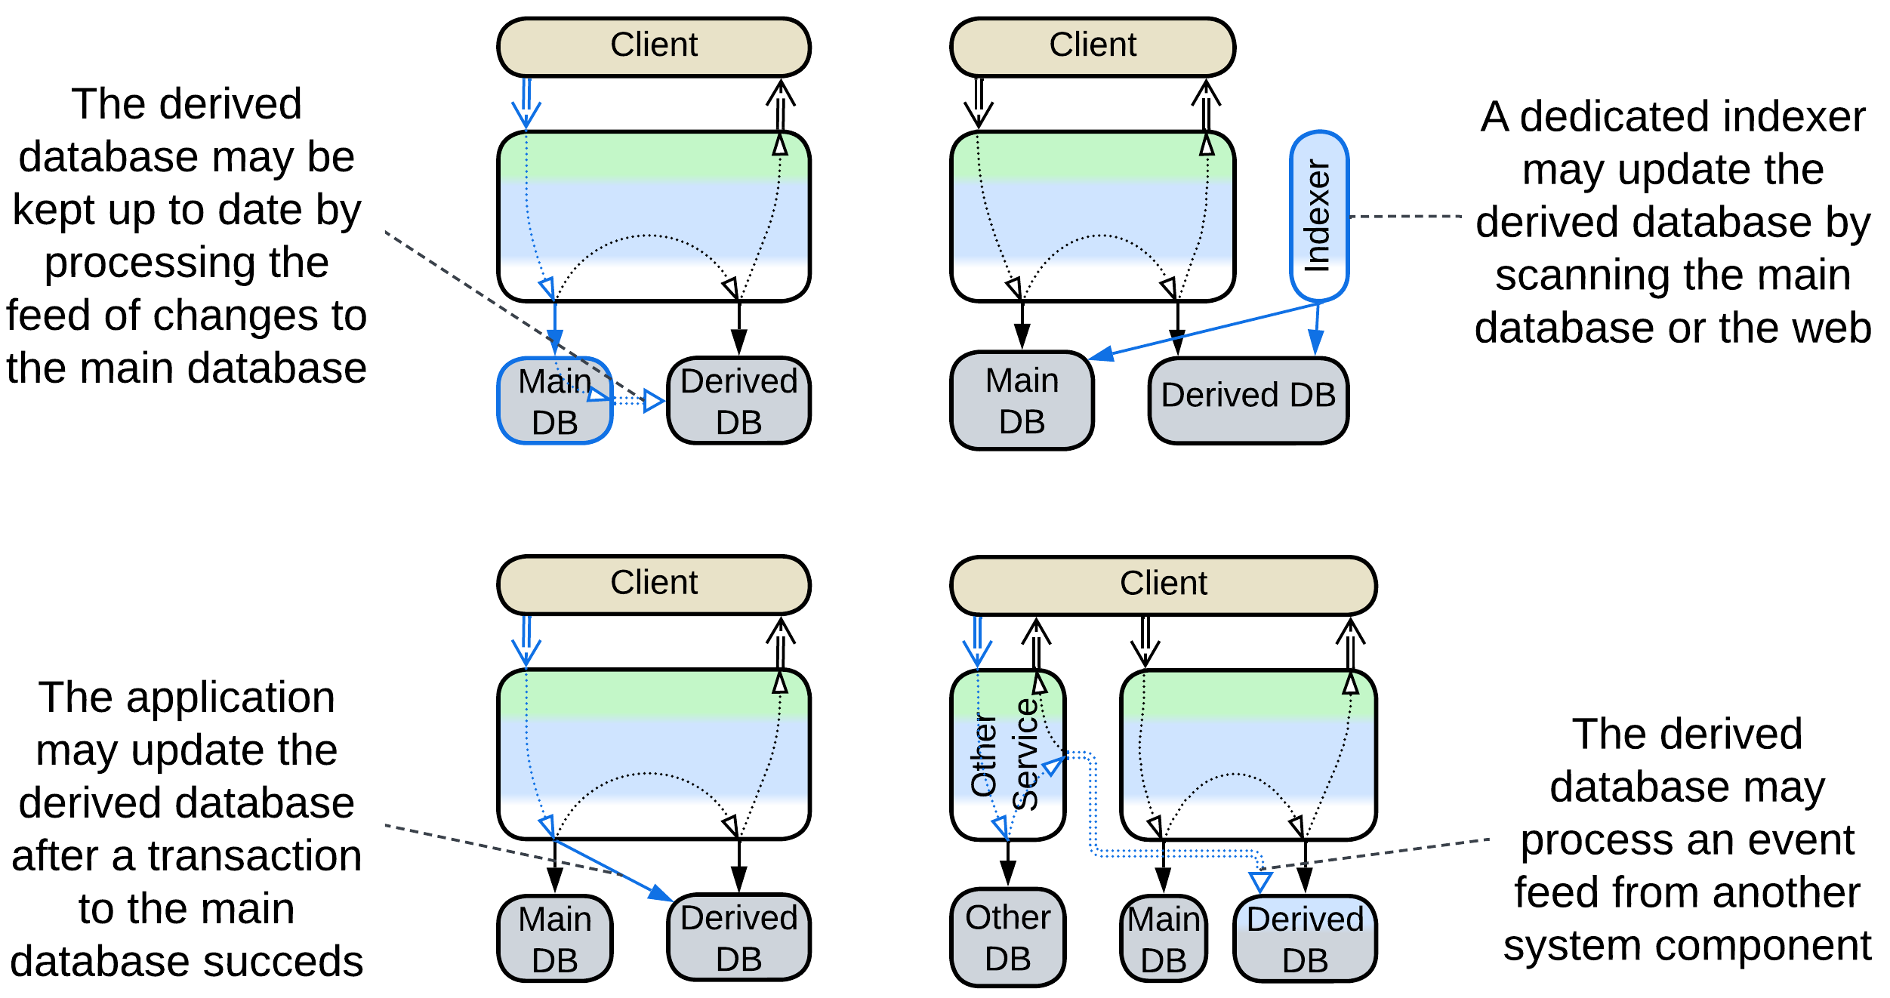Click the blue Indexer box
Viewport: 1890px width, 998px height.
tap(1318, 216)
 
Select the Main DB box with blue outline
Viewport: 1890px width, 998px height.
tap(554, 401)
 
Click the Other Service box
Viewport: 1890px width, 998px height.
tap(1007, 755)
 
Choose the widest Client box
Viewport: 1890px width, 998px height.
tap(1163, 585)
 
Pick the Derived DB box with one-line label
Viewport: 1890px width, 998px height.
tap(1248, 400)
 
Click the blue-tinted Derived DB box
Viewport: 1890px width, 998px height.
tap(1305, 939)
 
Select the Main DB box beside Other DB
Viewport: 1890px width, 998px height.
tap(1163, 939)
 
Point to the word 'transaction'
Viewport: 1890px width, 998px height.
tap(255, 856)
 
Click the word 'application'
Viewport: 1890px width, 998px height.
tap(230, 697)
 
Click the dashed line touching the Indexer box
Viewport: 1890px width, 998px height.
tap(1404, 217)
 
